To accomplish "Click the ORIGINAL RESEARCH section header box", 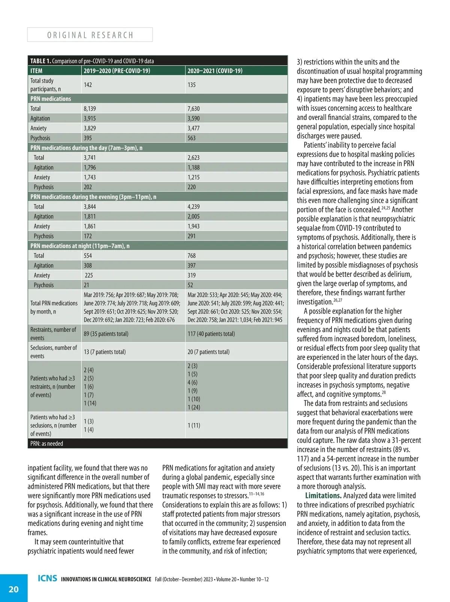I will [x=90, y=35].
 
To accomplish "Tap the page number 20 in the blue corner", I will [x=13, y=589].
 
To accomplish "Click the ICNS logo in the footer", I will [x=47, y=578].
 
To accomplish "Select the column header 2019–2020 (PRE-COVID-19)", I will [x=117, y=71].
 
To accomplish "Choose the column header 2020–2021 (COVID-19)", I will [x=215, y=71].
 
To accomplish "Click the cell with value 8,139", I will [x=90, y=109].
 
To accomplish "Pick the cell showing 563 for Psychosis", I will [x=192, y=138].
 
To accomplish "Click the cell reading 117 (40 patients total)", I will [x=211, y=334].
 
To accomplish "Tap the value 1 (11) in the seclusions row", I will [x=194, y=425].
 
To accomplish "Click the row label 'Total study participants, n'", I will [x=45, y=85].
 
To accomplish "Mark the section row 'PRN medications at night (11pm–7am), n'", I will [x=80, y=246].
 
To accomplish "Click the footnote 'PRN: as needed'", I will [x=47, y=443].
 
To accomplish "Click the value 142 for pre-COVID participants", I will [x=88, y=85].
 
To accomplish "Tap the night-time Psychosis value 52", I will [x=190, y=285].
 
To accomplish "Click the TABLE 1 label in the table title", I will [x=40, y=61].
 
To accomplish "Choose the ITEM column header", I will [x=36, y=71].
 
